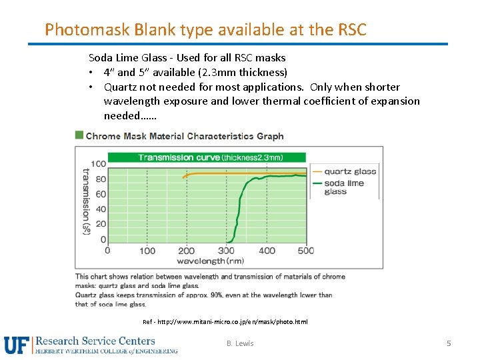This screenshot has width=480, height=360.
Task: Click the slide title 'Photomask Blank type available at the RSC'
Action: [205, 30]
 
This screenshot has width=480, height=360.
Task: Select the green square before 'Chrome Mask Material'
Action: [79, 135]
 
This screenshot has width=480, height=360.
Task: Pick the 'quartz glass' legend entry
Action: [350, 171]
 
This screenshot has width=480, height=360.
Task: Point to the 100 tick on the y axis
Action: [98, 164]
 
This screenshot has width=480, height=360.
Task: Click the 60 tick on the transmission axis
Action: [100, 195]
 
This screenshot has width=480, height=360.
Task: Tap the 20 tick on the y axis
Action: [100, 225]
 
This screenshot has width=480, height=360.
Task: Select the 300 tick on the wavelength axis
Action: [227, 251]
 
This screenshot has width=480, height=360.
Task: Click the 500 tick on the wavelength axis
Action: [305, 251]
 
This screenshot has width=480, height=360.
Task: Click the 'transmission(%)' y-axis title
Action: [85, 200]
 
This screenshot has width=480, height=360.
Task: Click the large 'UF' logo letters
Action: [17, 345]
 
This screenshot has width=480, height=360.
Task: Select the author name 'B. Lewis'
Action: [240, 343]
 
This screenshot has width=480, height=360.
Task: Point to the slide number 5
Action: [449, 343]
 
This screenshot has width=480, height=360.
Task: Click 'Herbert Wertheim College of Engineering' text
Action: [106, 351]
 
